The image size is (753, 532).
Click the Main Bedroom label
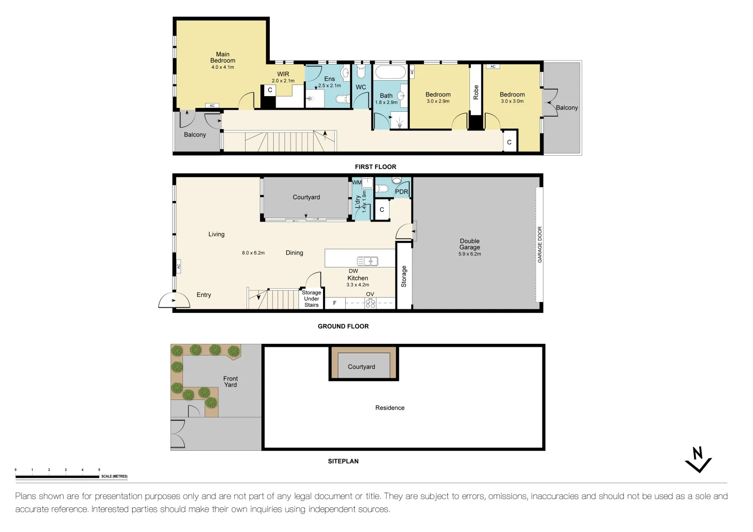222,58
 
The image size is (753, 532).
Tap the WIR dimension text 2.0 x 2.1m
283,81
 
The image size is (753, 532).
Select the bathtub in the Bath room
390,72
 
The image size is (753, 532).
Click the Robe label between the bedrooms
476,92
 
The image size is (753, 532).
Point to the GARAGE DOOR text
539,244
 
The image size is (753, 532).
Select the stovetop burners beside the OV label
370,303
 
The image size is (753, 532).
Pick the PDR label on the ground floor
401,192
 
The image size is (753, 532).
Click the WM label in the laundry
357,182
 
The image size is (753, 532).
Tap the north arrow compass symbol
698,460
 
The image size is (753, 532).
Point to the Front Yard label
230,382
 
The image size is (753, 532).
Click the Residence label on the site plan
390,408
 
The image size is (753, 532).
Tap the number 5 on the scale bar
99,470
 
